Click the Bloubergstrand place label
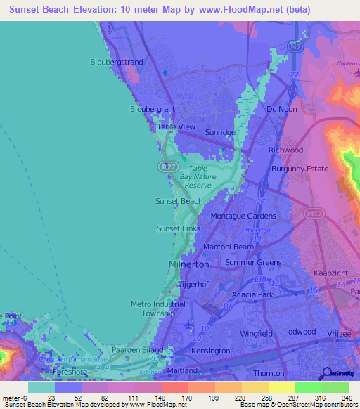[117, 62]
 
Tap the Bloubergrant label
[153, 109]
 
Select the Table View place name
[176, 126]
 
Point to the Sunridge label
[220, 132]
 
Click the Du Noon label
[281, 109]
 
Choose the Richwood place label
[286, 150]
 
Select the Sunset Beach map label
[179, 201]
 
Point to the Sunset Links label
[178, 228]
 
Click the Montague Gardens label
[243, 215]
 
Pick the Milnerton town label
[188, 264]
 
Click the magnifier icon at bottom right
[326, 373]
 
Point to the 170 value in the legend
[174, 397]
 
